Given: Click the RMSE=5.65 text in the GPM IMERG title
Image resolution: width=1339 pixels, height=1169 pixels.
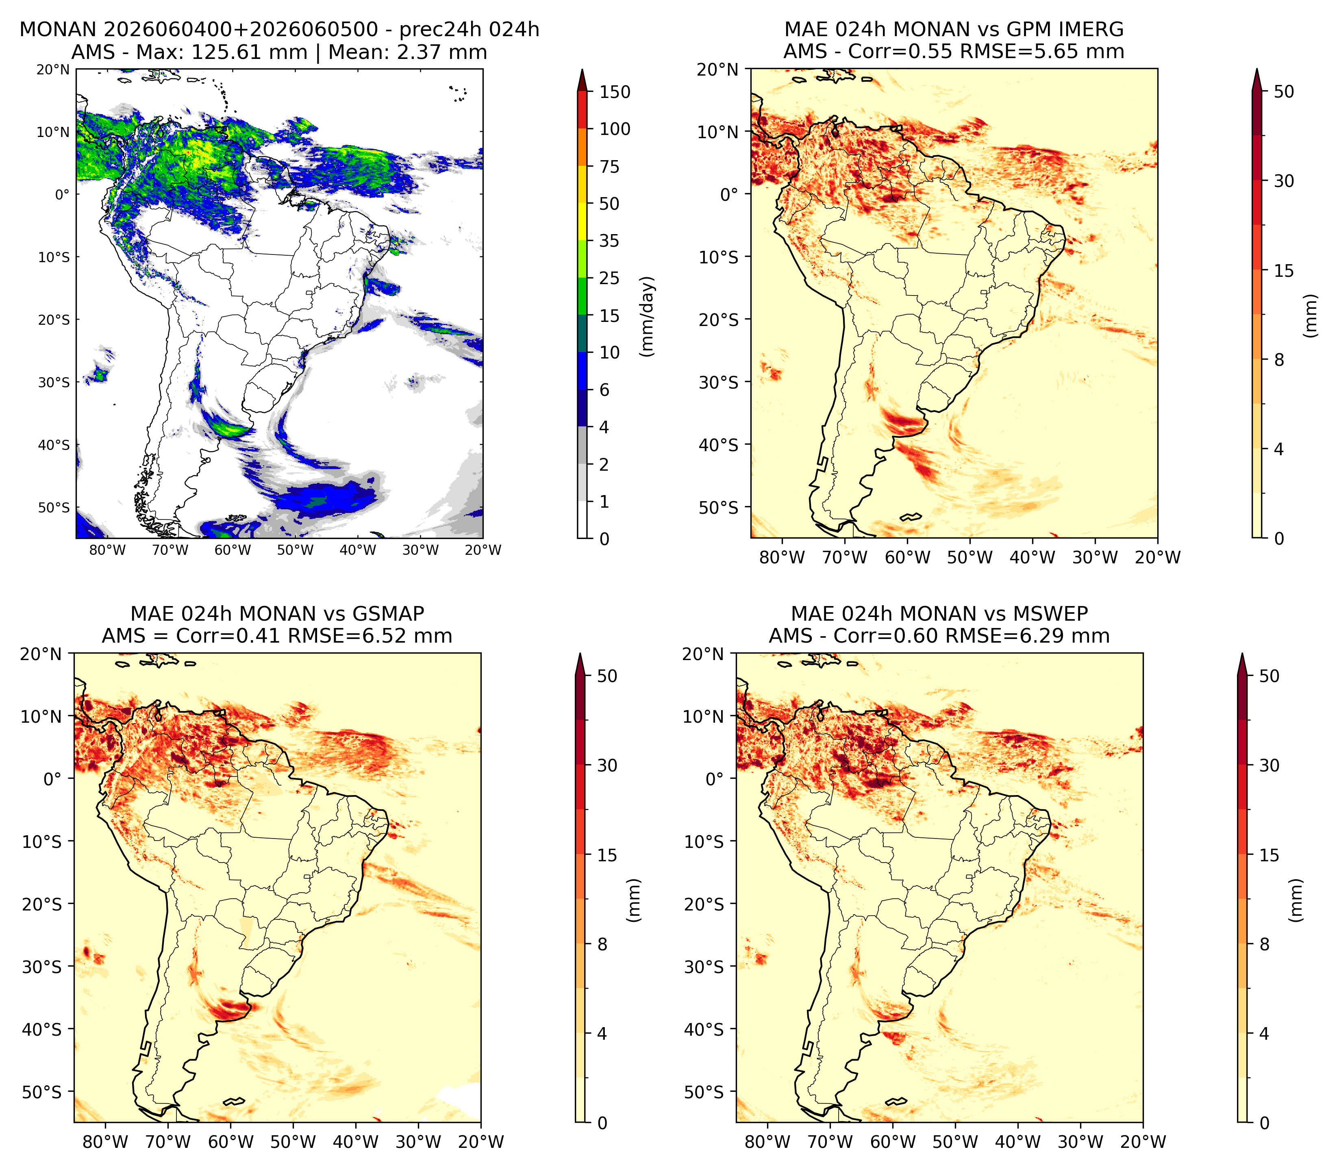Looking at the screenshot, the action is click(1042, 52).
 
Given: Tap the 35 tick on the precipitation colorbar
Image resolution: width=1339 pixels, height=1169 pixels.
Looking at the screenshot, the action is click(609, 241).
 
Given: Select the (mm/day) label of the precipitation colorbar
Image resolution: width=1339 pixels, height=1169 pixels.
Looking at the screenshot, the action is click(647, 316).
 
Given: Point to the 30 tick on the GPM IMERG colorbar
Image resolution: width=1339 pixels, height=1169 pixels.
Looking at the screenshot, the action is click(1284, 181).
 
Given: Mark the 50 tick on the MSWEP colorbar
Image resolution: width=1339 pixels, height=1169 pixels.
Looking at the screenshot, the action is click(1269, 676).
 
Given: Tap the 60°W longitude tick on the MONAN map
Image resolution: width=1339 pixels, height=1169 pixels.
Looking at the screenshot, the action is click(233, 550).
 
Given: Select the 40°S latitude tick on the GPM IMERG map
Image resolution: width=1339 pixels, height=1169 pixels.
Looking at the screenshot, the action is click(719, 445).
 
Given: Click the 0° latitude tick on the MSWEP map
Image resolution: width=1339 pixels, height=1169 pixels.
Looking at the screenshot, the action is click(715, 779).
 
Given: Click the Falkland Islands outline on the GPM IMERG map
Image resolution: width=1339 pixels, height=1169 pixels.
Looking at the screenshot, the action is click(911, 517).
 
